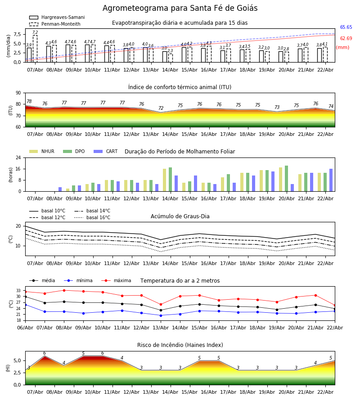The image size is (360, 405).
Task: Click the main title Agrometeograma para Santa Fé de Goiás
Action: [180, 9]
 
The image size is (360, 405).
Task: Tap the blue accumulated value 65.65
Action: [346, 27]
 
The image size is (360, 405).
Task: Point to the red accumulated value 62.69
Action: [346, 39]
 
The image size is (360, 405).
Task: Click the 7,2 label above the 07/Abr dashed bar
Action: [35, 32]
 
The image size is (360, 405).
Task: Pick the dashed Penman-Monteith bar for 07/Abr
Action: [35, 49]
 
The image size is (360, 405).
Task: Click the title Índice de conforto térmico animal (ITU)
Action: [180, 87]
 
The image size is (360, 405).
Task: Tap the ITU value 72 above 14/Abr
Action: [161, 108]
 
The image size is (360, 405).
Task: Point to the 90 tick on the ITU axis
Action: [18, 93]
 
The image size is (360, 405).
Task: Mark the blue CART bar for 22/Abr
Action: [331, 180]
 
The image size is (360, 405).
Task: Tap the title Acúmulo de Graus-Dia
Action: [180, 216]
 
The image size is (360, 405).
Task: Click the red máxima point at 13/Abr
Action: [161, 305]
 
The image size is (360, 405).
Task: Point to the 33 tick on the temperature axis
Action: [18, 290]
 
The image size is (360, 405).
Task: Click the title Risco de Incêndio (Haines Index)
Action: [180, 345]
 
